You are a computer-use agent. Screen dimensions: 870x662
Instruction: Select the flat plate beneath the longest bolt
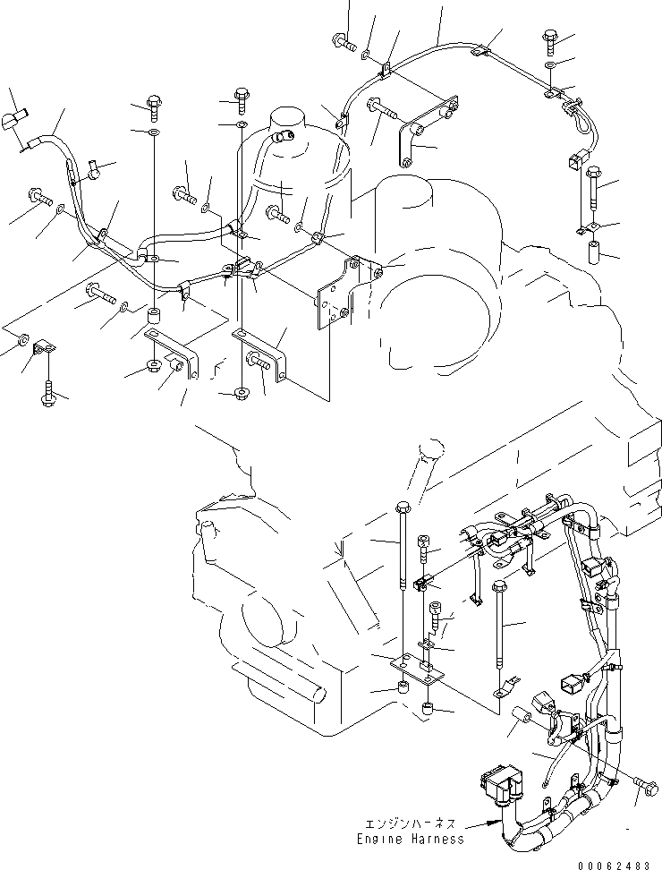[x=418, y=666]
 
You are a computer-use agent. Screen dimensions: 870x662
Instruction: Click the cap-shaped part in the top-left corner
[x=16, y=118]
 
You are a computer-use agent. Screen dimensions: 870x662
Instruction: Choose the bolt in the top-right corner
[x=550, y=38]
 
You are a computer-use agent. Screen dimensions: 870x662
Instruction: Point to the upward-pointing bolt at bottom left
[x=48, y=392]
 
